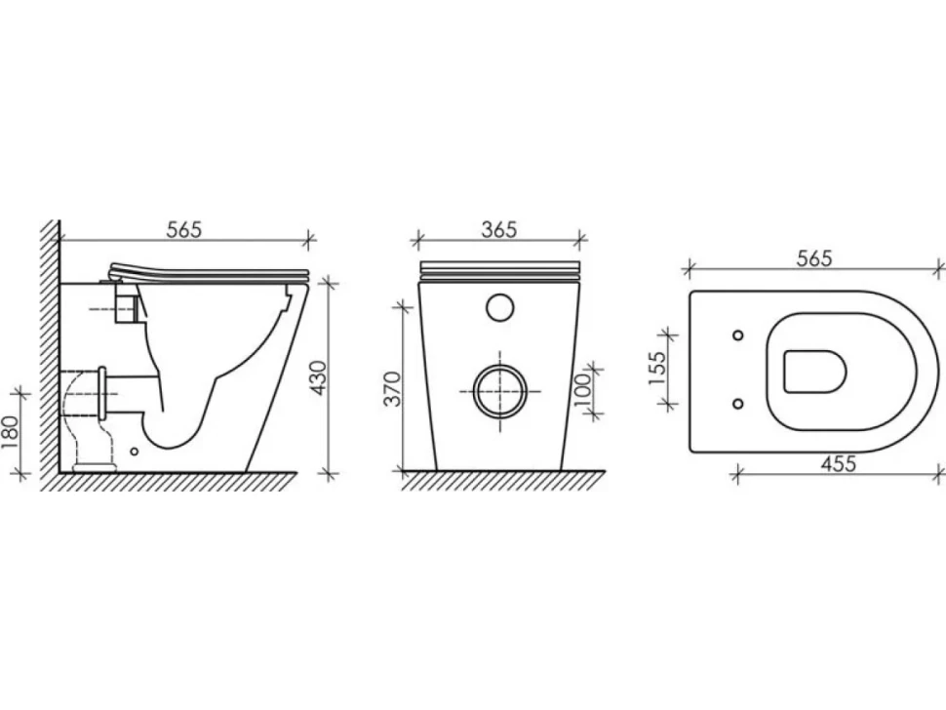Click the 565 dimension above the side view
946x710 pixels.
point(184,229)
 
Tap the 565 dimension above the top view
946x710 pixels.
point(814,257)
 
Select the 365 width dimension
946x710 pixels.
point(499,229)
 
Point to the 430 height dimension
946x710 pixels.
point(318,377)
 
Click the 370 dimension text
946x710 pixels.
point(393,389)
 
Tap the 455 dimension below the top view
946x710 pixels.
point(839,463)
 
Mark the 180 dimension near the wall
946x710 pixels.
point(11,432)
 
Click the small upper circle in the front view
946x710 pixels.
point(499,307)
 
